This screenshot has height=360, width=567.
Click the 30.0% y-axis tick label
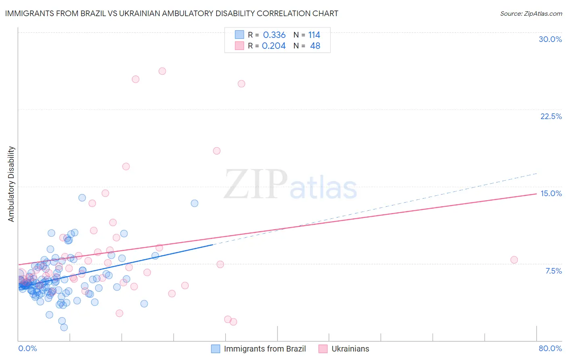(x=550, y=39)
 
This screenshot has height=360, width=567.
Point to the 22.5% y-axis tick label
(x=551, y=116)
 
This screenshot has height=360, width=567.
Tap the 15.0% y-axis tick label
(x=551, y=193)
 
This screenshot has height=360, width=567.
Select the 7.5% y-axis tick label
(x=553, y=271)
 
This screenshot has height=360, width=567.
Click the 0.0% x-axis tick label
(x=27, y=348)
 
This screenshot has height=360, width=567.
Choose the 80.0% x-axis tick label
(x=550, y=348)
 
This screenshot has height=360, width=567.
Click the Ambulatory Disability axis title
(x=11, y=184)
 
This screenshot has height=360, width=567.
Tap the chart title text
(x=171, y=13)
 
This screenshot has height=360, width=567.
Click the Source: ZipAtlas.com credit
(x=531, y=13)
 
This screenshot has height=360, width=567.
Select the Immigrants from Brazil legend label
(x=265, y=349)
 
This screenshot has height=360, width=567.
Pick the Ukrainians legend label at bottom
(x=350, y=349)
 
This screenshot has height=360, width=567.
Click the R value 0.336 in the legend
(x=274, y=35)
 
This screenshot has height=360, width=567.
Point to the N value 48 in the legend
(x=315, y=46)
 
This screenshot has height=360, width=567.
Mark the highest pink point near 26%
(x=162, y=71)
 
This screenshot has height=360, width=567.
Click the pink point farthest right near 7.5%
(x=514, y=260)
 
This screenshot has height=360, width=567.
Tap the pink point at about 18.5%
(x=217, y=151)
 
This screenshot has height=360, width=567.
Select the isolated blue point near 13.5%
(x=194, y=203)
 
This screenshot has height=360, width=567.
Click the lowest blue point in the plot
(x=64, y=327)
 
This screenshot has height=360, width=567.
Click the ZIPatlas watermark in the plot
(x=290, y=184)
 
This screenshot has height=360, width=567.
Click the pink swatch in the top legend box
(x=239, y=46)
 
